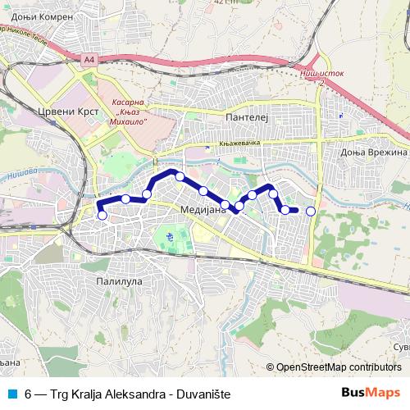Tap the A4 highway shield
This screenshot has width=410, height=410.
coord(89,59)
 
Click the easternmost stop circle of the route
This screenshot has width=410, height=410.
coord(311,212)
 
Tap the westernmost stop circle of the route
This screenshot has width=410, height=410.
coord(102,216)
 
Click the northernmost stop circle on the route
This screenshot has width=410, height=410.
coord(180,176)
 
